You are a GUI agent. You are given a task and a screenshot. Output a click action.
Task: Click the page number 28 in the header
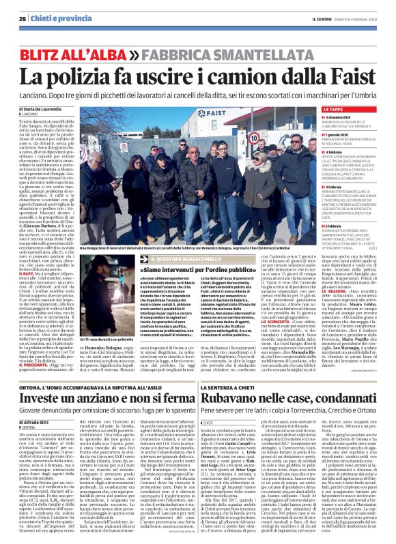23,19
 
